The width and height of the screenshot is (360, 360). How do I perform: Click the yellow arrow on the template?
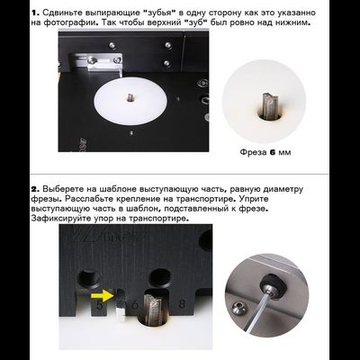[102, 296]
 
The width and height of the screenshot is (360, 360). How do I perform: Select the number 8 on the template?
[182, 304]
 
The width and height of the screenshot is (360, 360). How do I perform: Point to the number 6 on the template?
[134, 305]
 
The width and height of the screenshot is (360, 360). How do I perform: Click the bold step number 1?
[34, 13]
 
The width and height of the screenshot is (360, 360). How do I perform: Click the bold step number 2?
[35, 190]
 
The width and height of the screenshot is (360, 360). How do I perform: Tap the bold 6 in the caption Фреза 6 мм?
[273, 152]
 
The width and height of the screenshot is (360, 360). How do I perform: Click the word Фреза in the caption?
[253, 152]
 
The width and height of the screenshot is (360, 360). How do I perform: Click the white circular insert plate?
[130, 102]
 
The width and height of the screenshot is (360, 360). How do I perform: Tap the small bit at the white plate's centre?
[130, 97]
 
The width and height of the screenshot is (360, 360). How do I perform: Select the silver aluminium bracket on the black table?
[97, 63]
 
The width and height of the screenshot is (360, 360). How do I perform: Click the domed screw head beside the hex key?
[238, 307]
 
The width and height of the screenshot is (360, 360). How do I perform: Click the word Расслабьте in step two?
[89, 199]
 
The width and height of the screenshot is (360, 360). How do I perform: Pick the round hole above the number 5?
[89, 277]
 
